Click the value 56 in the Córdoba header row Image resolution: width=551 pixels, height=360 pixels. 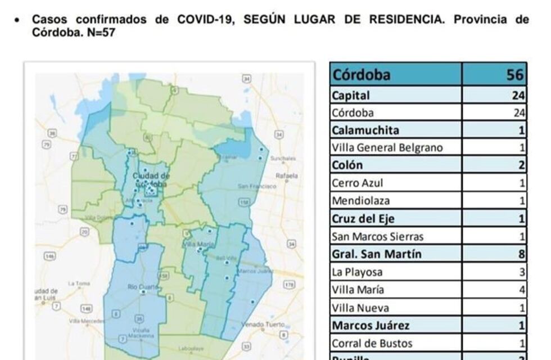515,75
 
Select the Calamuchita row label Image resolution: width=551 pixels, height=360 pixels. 365,130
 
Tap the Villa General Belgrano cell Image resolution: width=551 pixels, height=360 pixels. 387,148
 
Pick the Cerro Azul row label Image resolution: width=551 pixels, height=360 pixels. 358,183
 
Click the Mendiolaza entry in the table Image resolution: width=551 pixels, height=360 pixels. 360,201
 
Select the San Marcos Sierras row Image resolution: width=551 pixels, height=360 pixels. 377,237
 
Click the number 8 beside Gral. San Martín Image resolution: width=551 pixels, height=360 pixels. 522,254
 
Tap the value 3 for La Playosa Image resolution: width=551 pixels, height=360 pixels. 522,272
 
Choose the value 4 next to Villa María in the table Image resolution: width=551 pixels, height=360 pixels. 522,290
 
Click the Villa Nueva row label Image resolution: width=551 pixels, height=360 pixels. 360,308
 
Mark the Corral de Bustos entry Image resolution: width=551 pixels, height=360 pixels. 372,343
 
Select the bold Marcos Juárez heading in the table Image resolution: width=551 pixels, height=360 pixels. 370,326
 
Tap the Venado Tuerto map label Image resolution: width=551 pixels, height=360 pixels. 260,325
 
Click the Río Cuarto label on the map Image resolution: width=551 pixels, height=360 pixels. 141,287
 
